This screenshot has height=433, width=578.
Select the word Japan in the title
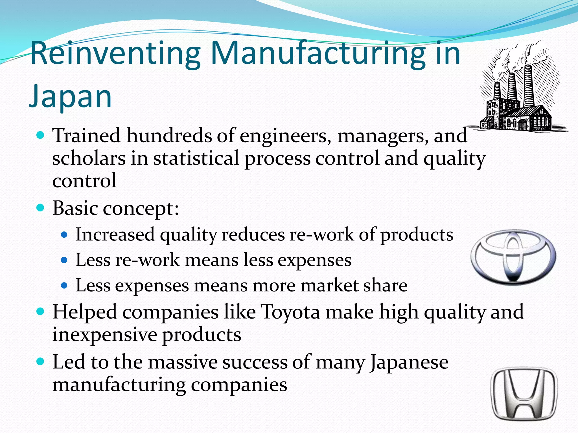[x=71, y=96]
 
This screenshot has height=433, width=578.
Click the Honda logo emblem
[x=524, y=394]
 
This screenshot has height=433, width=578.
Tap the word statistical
[x=196, y=158]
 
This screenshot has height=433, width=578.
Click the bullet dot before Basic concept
[x=41, y=208]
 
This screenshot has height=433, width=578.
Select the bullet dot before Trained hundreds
[x=41, y=136]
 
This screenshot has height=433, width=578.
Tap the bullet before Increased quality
[x=64, y=235]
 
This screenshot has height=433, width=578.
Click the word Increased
[x=115, y=235]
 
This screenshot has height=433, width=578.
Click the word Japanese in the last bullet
[x=409, y=362]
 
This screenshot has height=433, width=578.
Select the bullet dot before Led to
[x=41, y=361]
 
